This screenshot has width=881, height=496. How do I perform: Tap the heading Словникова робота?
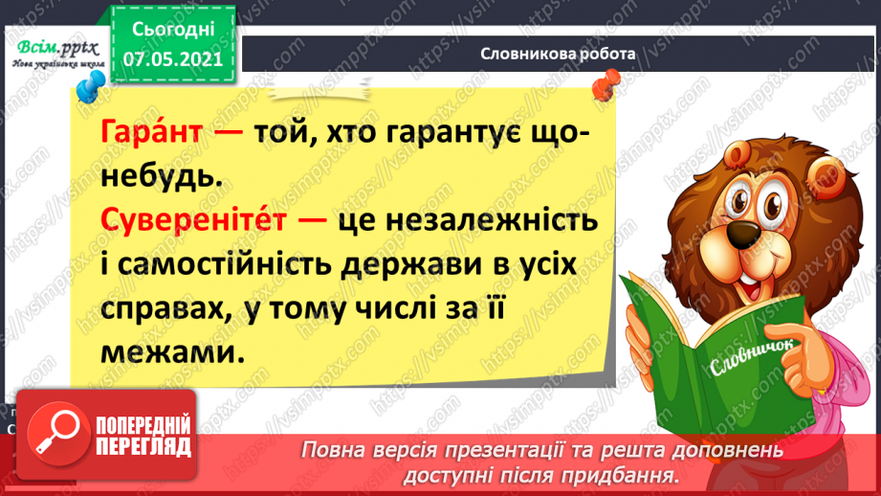558,54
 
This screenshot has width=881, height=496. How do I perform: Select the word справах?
161,309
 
